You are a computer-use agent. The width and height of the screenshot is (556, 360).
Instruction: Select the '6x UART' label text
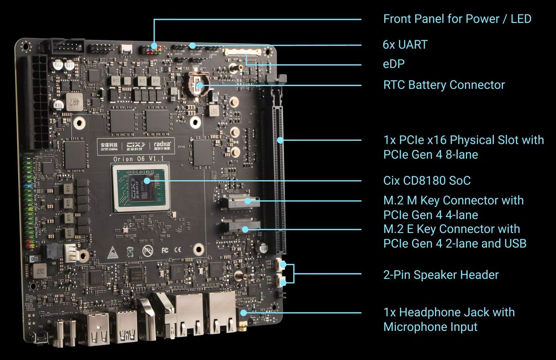coord(405,45)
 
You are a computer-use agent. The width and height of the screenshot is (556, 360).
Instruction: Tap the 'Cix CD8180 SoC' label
coord(427,180)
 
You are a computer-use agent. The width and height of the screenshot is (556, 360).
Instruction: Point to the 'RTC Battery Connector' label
coord(444,85)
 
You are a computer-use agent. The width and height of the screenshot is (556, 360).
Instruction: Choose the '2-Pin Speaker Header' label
coord(441,275)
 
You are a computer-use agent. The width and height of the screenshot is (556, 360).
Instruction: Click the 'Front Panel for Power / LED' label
coord(457,19)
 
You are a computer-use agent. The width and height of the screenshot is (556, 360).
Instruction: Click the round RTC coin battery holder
coord(198,82)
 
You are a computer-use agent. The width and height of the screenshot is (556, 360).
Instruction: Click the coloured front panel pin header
coord(151,48)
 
